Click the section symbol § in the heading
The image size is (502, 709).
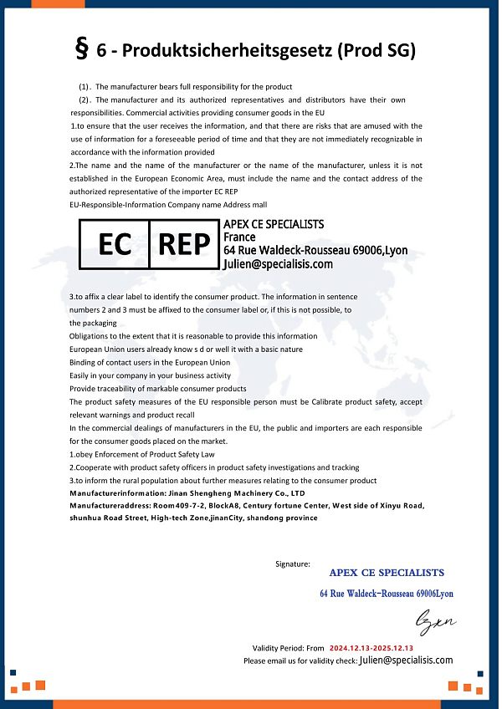click(82, 49)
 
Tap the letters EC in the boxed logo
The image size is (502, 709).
click(115, 244)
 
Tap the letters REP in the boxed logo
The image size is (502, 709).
click(184, 244)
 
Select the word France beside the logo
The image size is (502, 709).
click(239, 237)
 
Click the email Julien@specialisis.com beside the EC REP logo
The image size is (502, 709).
click(278, 263)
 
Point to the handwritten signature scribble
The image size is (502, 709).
click(436, 622)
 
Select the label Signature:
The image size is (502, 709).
click(293, 564)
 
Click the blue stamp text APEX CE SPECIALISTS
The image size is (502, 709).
click(387, 573)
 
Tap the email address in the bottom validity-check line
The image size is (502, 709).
click(406, 660)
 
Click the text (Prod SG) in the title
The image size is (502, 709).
click(376, 50)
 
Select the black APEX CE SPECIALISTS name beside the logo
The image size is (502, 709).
click(274, 224)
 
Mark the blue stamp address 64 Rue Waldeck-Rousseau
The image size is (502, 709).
click(386, 594)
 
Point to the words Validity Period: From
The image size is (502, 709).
click(288, 648)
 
